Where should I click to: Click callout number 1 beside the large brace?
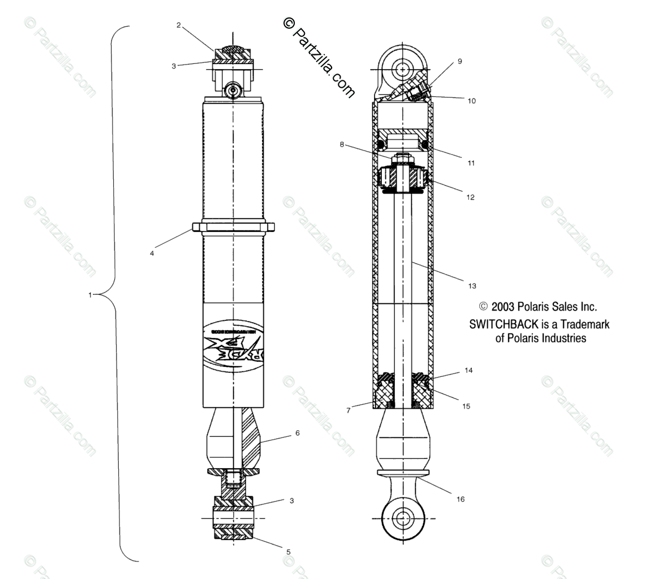pyautogui.click(x=90, y=295)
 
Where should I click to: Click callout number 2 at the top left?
pyautogui.click(x=179, y=25)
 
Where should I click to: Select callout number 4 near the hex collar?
pyautogui.click(x=152, y=254)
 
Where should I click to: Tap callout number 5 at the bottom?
pyautogui.click(x=288, y=551)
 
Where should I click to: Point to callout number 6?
pyautogui.click(x=297, y=434)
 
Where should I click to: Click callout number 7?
pyautogui.click(x=349, y=410)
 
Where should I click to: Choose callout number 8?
pyautogui.click(x=342, y=144)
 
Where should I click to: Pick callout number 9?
pyautogui.click(x=459, y=61)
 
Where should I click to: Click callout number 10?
pyautogui.click(x=472, y=101)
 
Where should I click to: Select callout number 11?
pyautogui.click(x=471, y=163)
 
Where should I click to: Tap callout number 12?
pyautogui.click(x=470, y=198)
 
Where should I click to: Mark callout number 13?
pyautogui.click(x=472, y=286)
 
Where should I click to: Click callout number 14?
pyautogui.click(x=468, y=371)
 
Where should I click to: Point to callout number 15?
pyautogui.click(x=466, y=406)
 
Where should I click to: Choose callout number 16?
pyautogui.click(x=461, y=499)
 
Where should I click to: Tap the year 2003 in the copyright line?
pyautogui.click(x=502, y=307)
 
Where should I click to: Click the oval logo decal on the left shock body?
pyautogui.click(x=233, y=345)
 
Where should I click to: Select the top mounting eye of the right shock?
pyautogui.click(x=402, y=69)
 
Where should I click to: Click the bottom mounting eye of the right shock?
pyautogui.click(x=403, y=518)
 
